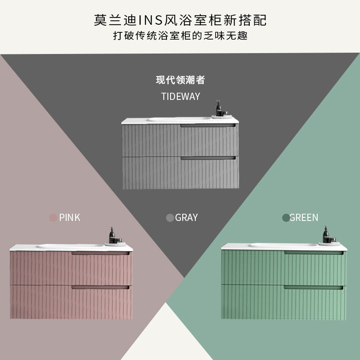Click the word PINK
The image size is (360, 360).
(70, 218)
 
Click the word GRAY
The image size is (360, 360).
(186, 218)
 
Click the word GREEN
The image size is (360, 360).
(304, 218)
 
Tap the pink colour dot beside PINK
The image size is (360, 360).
(54, 218)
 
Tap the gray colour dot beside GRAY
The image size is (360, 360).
(170, 218)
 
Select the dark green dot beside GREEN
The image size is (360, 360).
(285, 218)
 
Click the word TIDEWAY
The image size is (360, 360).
(180, 96)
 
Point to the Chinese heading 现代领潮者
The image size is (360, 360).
(180, 81)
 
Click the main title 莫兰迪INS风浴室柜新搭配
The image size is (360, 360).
(180, 20)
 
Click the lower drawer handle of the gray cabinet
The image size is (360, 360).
(208, 158)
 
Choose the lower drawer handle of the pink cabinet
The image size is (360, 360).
(100, 287)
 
